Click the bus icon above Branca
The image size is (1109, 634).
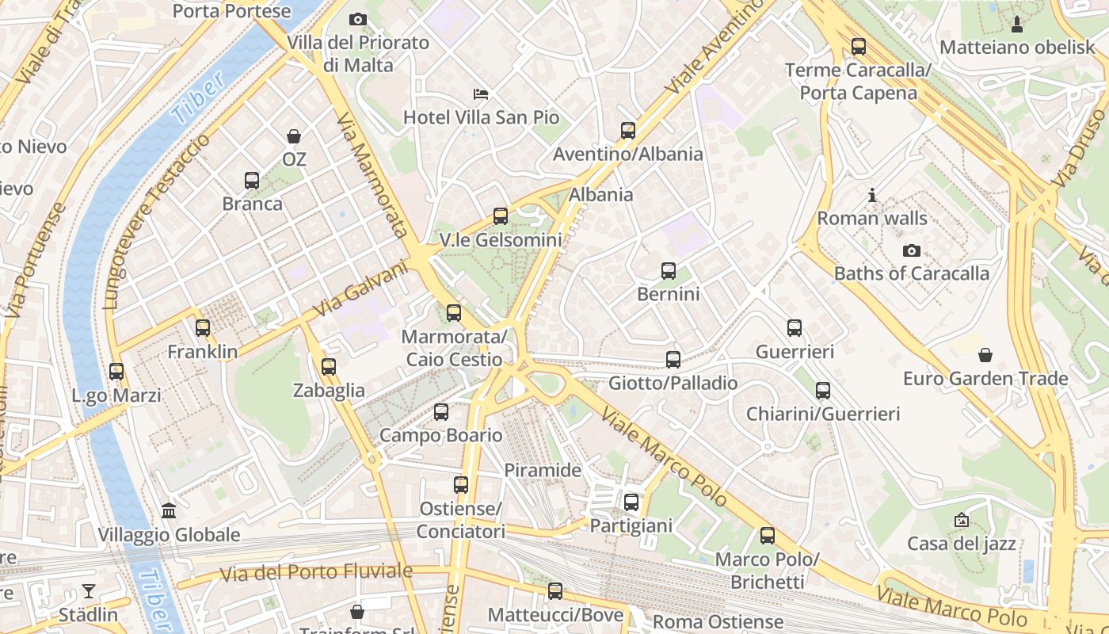pyautogui.click(x=252, y=181)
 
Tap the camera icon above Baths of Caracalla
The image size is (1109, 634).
pyautogui.click(x=912, y=250)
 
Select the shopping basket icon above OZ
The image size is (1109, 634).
pyautogui.click(x=294, y=136)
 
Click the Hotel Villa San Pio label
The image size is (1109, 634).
pyautogui.click(x=481, y=117)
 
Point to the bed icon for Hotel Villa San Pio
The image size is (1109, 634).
pyautogui.click(x=481, y=94)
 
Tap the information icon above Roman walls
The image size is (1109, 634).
pyautogui.click(x=872, y=195)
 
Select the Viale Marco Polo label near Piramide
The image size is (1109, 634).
pyautogui.click(x=664, y=456)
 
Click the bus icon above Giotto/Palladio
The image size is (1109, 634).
pyautogui.click(x=673, y=360)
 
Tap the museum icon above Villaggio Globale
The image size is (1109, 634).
pyautogui.click(x=169, y=511)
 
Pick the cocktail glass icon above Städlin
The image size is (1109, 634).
pyautogui.click(x=88, y=591)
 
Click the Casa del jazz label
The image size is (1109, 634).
pyautogui.click(x=961, y=544)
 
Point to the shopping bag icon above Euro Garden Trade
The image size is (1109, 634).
pyautogui.click(x=985, y=355)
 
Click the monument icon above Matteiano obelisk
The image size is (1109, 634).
pyautogui.click(x=1017, y=24)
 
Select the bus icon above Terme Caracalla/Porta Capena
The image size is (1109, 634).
pyautogui.click(x=859, y=47)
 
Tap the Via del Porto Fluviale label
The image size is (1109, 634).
pyautogui.click(x=316, y=572)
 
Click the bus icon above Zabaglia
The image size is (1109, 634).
pyautogui.click(x=329, y=367)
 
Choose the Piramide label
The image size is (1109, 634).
pyautogui.click(x=543, y=470)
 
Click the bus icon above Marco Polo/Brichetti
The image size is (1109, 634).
pyautogui.click(x=768, y=536)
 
